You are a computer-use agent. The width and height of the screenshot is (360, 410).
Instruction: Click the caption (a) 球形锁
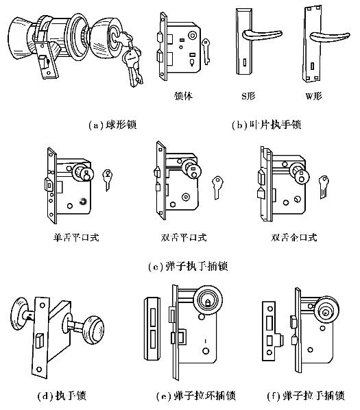[112, 125]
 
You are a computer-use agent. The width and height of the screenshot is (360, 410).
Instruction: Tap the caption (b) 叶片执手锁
[267, 125]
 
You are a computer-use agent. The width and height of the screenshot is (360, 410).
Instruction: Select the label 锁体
[183, 96]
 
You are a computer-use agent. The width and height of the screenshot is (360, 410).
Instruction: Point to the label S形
[248, 96]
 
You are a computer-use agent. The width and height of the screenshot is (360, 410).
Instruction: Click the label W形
[314, 96]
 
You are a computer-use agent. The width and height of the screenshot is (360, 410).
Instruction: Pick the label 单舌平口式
[76, 237]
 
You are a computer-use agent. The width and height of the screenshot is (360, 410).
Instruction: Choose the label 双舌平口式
[184, 237]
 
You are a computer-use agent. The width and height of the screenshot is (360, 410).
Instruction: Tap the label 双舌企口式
[294, 237]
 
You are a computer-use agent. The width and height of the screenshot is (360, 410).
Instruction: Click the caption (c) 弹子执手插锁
[188, 267]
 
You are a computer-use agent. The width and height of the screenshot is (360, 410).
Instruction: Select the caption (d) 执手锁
[62, 396]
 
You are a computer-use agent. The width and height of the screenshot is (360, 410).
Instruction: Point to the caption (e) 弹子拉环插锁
[196, 396]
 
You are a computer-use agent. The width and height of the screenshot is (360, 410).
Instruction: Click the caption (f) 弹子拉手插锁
[306, 396]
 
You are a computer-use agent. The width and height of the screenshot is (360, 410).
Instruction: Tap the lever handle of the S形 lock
[261, 35]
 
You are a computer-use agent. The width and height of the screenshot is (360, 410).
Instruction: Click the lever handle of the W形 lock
[330, 36]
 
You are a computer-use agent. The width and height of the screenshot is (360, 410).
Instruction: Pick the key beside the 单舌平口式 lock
[108, 180]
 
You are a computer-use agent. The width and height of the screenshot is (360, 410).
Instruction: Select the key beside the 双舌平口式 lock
[217, 187]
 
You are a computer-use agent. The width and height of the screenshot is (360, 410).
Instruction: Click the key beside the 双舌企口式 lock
[324, 186]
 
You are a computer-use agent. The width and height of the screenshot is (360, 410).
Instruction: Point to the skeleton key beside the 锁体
[206, 51]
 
